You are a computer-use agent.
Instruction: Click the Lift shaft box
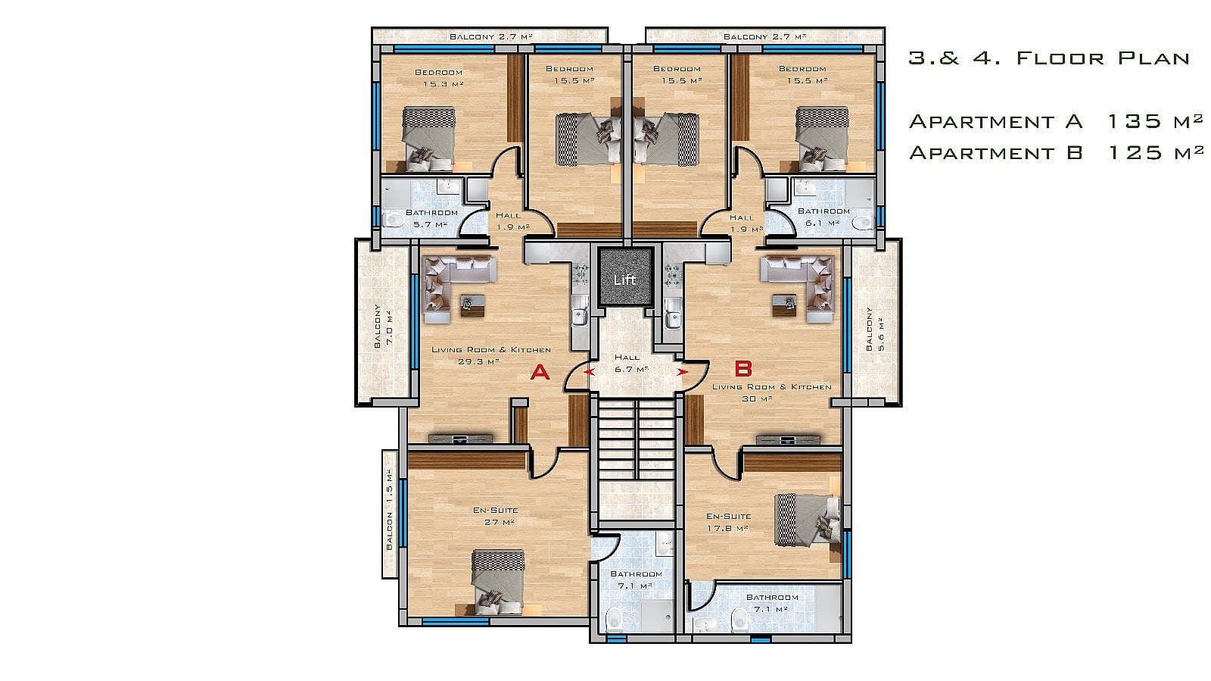point(625,277)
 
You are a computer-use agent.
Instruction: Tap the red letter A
point(540,372)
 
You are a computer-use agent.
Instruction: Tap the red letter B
point(743,369)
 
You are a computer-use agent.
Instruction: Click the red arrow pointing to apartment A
point(589,372)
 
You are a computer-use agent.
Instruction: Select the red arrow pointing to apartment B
point(683,372)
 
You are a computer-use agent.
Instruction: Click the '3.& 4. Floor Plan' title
point(1049,58)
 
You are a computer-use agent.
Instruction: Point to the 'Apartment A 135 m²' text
point(1057,121)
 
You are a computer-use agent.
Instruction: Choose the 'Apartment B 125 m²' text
point(1057,152)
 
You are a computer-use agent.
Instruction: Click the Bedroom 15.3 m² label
point(440,78)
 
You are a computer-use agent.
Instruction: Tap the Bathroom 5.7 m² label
point(431,218)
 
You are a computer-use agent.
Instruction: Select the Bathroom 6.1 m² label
point(823,217)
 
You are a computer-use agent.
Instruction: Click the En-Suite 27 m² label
point(496,516)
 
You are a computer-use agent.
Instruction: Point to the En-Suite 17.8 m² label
point(728,522)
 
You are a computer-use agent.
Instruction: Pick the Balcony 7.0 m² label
point(383,326)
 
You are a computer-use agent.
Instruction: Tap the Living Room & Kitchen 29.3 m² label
point(491,355)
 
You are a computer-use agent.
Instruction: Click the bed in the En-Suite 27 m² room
point(498,583)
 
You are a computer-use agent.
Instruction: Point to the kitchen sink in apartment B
point(673,319)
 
